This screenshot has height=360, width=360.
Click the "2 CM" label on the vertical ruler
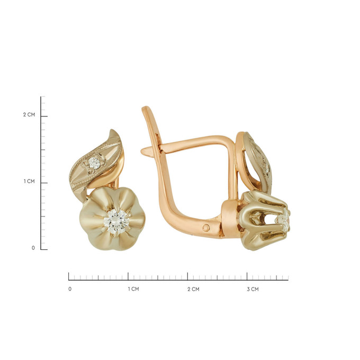click(29, 114)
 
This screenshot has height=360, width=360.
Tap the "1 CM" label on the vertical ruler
click(29, 182)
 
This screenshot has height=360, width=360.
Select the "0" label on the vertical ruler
click(33, 248)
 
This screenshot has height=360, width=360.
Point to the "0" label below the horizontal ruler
click(70, 289)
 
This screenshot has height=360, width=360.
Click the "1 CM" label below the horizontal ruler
click(133, 289)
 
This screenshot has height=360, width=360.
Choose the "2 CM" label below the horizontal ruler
click(193, 289)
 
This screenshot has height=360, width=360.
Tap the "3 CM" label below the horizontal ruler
click(253, 289)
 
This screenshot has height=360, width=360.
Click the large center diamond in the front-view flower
click(115, 221)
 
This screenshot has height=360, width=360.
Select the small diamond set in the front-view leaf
click(94, 163)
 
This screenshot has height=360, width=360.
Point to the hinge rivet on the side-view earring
click(206, 228)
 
